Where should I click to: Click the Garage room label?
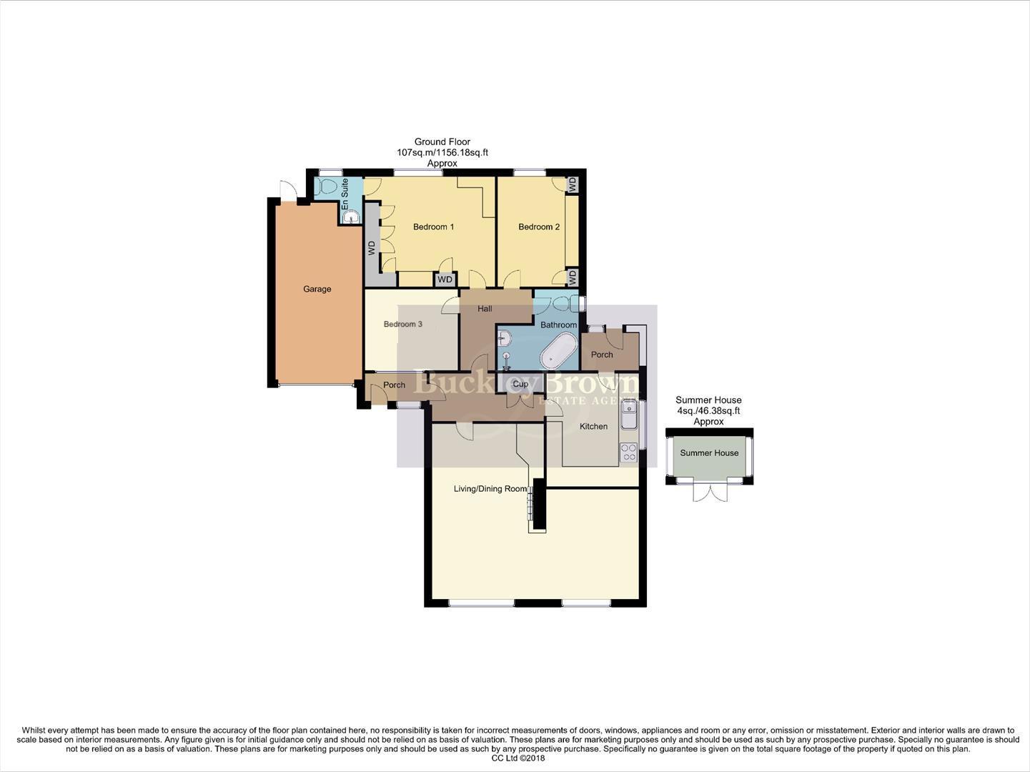pyautogui.click(x=317, y=289)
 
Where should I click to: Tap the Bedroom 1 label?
pyautogui.click(x=433, y=227)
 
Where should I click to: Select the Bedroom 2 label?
pyautogui.click(x=539, y=227)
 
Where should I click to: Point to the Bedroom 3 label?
pyautogui.click(x=402, y=324)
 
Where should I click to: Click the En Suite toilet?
pyautogui.click(x=328, y=187)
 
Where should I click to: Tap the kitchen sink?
pyautogui.click(x=629, y=414)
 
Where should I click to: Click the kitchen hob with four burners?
pyautogui.click(x=628, y=452)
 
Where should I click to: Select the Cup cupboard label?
pyautogui.click(x=520, y=384)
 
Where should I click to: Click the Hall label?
pyautogui.click(x=485, y=309)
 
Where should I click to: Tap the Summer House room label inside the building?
pyautogui.click(x=709, y=452)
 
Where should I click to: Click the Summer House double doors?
pyautogui.click(x=709, y=492)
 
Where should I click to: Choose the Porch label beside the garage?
pyautogui.click(x=394, y=385)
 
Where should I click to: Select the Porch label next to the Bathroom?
pyautogui.click(x=602, y=354)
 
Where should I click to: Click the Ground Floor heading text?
pyautogui.click(x=442, y=142)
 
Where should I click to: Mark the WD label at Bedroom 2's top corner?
pyautogui.click(x=572, y=184)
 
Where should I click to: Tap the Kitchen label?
pyautogui.click(x=593, y=426)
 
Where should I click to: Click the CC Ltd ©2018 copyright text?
pyautogui.click(x=518, y=758)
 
